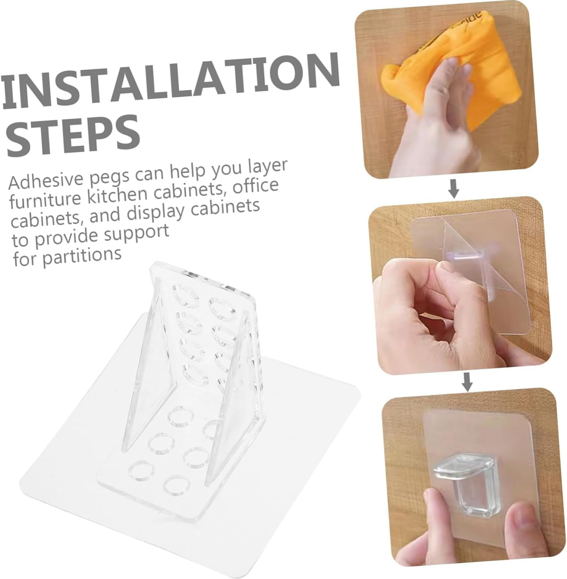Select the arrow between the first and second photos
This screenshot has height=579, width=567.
click(455, 189)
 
